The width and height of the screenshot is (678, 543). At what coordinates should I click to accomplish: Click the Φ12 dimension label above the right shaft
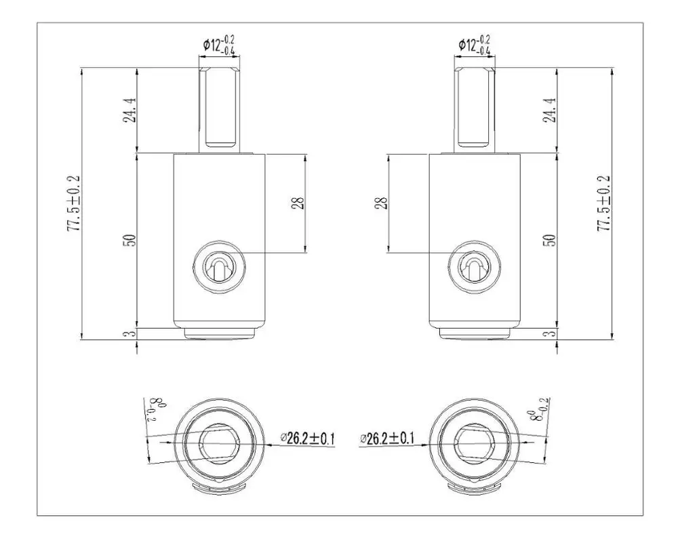click(475, 45)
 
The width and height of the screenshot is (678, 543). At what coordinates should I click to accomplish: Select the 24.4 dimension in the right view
click(551, 109)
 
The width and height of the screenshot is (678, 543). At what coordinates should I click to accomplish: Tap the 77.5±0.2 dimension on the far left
click(74, 203)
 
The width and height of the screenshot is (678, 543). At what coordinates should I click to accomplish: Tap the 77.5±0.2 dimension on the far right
click(603, 203)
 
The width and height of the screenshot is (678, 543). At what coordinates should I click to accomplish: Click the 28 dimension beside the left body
click(297, 203)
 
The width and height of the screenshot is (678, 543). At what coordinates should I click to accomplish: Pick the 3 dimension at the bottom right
click(551, 333)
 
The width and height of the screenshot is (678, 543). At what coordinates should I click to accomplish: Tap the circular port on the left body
click(218, 267)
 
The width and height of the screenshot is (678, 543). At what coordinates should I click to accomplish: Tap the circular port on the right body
click(475, 267)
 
